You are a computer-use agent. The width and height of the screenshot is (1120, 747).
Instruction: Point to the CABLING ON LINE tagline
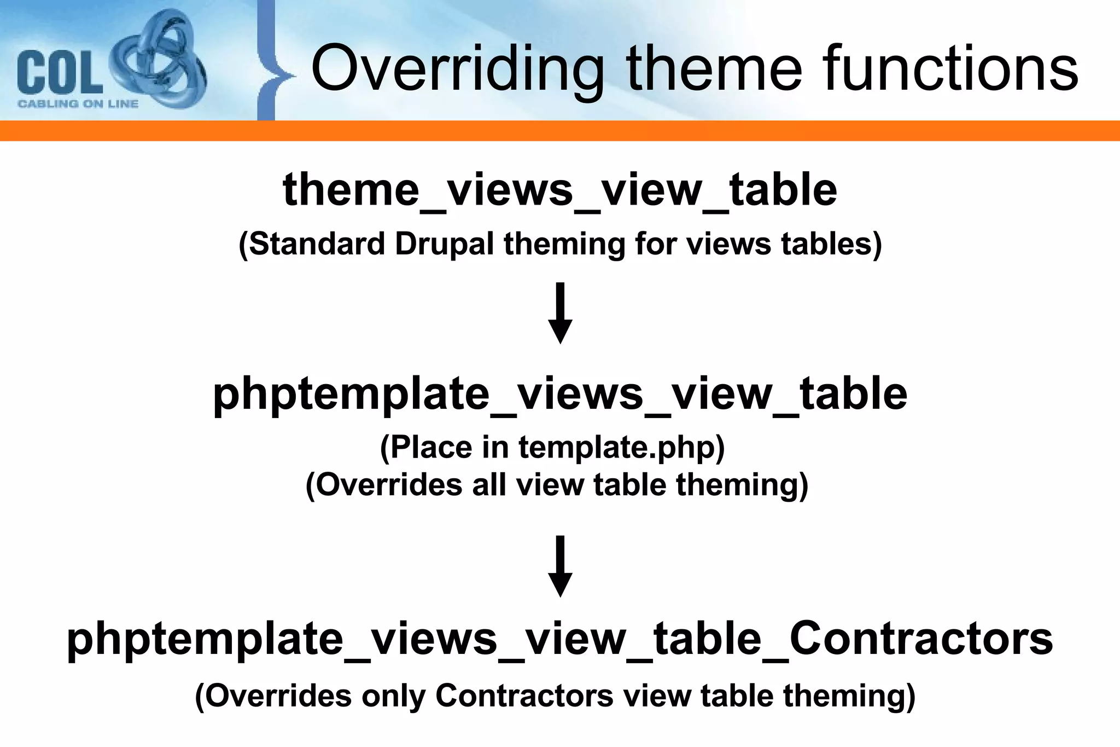click(x=78, y=104)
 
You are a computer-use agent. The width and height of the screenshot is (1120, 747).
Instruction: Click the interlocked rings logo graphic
click(x=159, y=60)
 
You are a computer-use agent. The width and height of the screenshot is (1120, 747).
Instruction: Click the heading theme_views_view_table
click(x=559, y=189)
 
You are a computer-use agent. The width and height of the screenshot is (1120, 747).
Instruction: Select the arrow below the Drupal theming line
click(x=560, y=313)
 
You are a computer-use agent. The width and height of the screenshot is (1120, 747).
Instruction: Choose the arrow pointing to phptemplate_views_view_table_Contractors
click(x=560, y=566)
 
